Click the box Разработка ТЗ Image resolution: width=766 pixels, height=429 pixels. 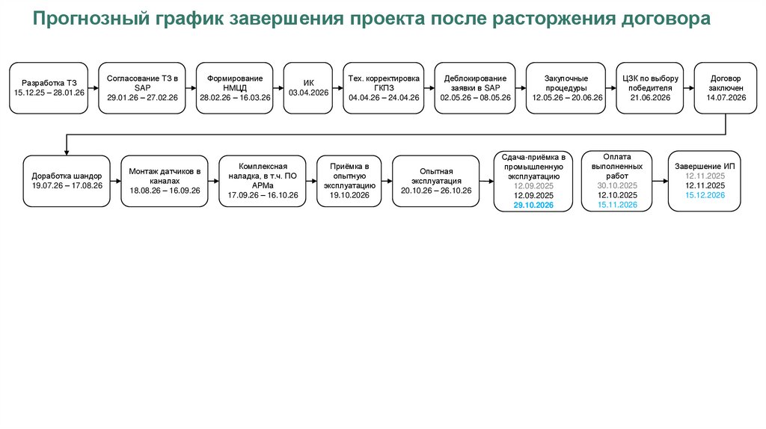pos(49,88)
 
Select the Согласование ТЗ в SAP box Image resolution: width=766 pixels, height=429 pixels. pos(142,88)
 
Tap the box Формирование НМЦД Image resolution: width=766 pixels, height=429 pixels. pos(234,88)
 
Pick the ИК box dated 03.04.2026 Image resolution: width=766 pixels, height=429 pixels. pos(309,88)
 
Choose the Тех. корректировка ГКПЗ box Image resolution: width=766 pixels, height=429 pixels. pos(384,88)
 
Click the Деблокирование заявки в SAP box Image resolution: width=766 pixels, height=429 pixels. pos(475,88)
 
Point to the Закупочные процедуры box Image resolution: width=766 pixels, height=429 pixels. pos(566,88)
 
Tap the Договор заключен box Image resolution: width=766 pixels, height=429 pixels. pos(726,88)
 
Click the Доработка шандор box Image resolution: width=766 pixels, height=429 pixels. pos(67,182)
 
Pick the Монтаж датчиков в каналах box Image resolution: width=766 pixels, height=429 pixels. pos(165,182)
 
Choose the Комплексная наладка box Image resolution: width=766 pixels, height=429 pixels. pos(262,182)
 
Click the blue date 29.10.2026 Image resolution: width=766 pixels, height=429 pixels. pos(533,204)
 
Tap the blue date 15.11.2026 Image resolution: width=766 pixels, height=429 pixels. pos(617,204)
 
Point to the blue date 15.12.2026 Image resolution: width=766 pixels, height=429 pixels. pos(705,195)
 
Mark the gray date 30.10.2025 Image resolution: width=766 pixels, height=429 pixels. pos(617,185)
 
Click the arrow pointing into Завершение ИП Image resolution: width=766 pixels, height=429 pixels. pos(659,181)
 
